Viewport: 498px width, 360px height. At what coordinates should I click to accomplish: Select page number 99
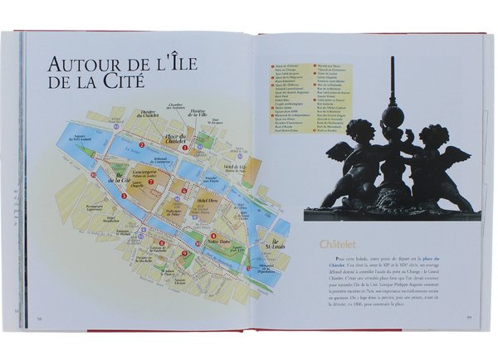click(x=469, y=316)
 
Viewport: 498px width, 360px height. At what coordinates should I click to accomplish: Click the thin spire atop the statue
click(x=391, y=75)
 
